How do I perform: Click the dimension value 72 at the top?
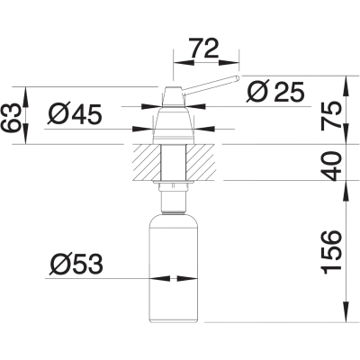click(204, 49)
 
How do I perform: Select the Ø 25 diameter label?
click(275, 92)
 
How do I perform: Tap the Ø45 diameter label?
click(75, 115)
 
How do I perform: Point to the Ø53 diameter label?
click(76, 265)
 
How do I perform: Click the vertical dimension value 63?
click(12, 119)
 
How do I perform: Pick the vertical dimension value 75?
click(331, 116)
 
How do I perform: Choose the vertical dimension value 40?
click(331, 166)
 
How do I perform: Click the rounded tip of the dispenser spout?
click(238, 77)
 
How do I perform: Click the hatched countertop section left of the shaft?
click(146, 163)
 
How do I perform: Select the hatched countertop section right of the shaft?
click(201, 163)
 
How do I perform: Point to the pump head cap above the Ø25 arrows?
click(173, 96)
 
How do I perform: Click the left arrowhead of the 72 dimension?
click(183, 62)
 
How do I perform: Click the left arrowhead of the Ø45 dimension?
click(143, 130)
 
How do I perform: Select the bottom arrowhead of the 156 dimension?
click(346, 312)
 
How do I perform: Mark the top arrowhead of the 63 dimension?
click(25, 97)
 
